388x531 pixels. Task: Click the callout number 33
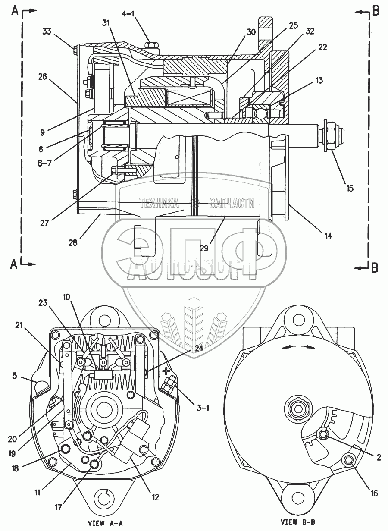click(x=47, y=31)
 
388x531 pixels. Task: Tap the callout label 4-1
click(x=128, y=14)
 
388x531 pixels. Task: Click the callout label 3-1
click(x=202, y=407)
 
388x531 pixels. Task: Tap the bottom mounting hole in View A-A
click(x=104, y=499)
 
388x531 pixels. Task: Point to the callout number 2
click(x=378, y=458)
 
